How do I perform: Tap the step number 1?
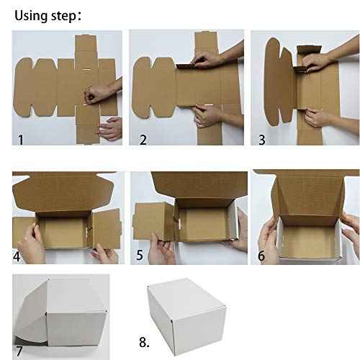point(20,136)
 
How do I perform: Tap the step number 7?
point(19,351)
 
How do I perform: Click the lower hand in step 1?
point(110,128)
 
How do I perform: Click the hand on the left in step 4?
point(30,241)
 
